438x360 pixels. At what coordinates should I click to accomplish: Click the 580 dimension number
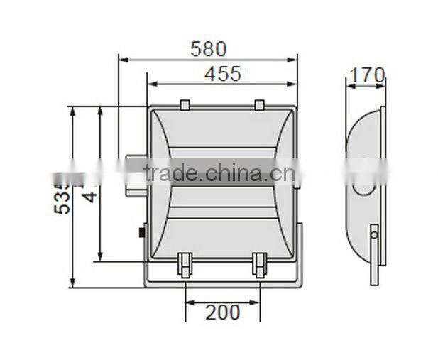pyautogui.click(x=208, y=48)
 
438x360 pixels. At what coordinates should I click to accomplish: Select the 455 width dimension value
pyautogui.click(x=222, y=73)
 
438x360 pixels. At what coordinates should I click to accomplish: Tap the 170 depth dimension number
pyautogui.click(x=368, y=75)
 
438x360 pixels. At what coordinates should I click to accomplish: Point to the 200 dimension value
pyautogui.click(x=222, y=311)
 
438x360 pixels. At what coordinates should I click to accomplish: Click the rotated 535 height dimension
pyautogui.click(x=63, y=199)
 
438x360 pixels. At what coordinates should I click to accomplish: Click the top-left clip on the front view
pyautogui.click(x=185, y=105)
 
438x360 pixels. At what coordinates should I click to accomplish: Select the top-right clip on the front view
pyautogui.click(x=259, y=105)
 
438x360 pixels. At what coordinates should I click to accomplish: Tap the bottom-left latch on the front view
pyautogui.click(x=185, y=263)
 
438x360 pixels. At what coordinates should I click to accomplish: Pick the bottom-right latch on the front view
pyautogui.click(x=260, y=263)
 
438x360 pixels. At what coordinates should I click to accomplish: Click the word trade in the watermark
pyautogui.click(x=165, y=173)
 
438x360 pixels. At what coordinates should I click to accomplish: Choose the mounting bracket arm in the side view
pyautogui.click(x=374, y=256)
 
